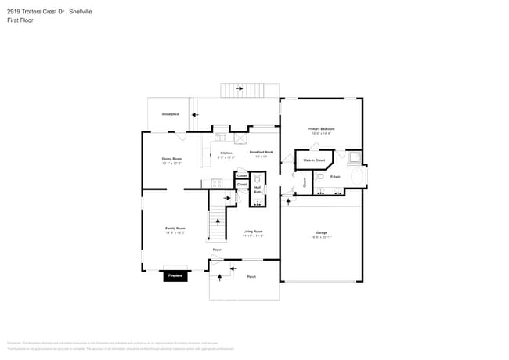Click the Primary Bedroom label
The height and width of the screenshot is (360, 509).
321,128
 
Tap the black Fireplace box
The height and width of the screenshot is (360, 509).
175,275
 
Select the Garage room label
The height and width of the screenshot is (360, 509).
321,232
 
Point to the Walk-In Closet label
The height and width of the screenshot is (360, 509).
314,160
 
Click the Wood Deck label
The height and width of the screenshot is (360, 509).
170,114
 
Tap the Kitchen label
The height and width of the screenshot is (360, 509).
226,153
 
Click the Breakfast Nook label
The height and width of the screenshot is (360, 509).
261,152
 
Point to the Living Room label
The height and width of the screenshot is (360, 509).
253,232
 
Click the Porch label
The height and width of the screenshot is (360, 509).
251,276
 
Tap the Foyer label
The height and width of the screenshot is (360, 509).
217,250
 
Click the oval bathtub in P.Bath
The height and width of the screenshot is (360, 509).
358,177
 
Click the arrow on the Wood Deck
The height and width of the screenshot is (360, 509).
195,114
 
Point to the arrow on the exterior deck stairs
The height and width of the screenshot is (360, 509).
239,90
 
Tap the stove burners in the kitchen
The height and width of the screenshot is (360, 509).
216,183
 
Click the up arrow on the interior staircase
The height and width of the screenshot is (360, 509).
227,199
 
